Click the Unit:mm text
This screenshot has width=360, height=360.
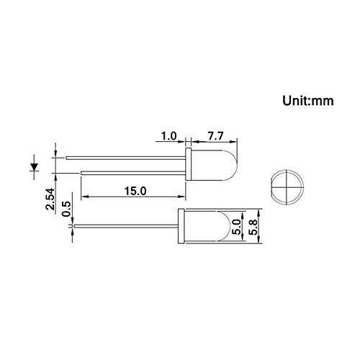tap(308, 101)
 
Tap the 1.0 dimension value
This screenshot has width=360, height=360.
tap(169, 136)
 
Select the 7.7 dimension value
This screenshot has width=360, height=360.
tap(215, 136)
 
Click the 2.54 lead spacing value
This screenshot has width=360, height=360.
tap(50, 199)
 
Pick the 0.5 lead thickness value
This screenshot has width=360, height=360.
tap(66, 209)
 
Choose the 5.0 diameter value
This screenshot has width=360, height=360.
tap(236, 227)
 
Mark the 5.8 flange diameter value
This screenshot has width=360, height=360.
tap(253, 227)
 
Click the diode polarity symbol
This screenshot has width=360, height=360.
tap(34, 167)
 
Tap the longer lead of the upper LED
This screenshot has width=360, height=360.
tap(125, 158)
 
